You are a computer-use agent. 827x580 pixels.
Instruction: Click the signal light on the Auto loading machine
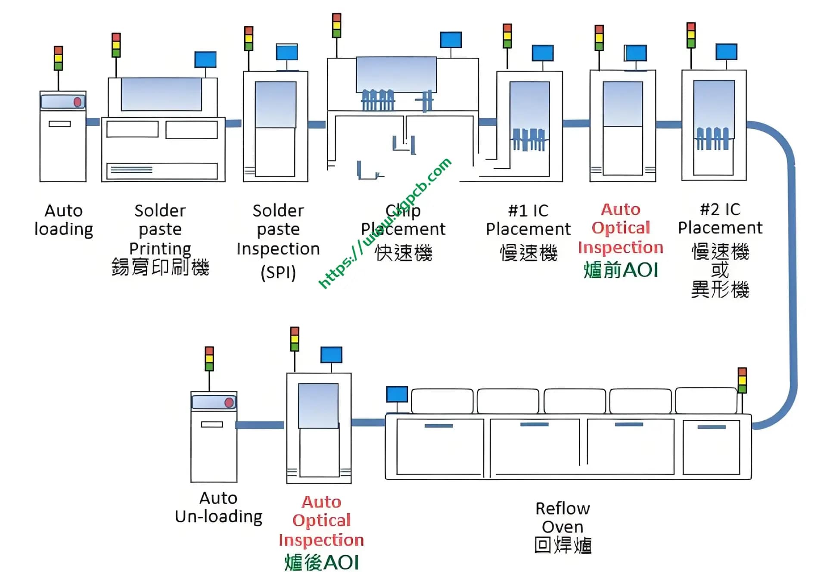(x=58, y=58)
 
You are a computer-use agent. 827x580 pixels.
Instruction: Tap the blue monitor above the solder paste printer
(x=205, y=59)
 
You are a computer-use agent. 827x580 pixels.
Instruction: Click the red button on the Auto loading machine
(x=78, y=102)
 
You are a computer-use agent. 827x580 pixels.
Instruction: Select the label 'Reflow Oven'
(x=563, y=517)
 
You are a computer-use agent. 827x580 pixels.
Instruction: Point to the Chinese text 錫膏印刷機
(x=160, y=267)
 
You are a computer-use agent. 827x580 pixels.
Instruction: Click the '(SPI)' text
(x=278, y=273)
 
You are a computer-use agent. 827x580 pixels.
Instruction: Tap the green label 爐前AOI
(x=621, y=270)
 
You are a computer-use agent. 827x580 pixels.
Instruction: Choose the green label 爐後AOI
(x=321, y=563)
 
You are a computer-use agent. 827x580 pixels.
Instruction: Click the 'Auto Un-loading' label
(x=218, y=507)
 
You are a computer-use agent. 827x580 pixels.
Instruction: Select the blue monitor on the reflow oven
(x=397, y=394)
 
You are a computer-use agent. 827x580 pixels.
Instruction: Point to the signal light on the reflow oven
(x=742, y=380)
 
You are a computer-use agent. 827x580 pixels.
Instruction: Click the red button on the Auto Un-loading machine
(x=229, y=403)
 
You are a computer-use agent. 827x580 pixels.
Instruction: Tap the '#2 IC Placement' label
(x=720, y=219)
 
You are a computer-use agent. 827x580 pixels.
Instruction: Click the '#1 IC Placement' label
(x=528, y=220)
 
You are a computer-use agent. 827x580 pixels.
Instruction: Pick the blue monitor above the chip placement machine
(x=451, y=40)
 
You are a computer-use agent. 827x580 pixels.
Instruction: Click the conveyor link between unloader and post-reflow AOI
(x=260, y=425)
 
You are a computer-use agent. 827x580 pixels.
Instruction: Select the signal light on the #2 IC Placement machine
(x=691, y=35)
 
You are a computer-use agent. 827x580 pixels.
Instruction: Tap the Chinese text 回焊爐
(x=563, y=545)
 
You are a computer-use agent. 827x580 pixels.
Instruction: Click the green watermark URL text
(x=385, y=223)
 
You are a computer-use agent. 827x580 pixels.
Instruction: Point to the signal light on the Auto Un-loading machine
(x=209, y=359)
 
